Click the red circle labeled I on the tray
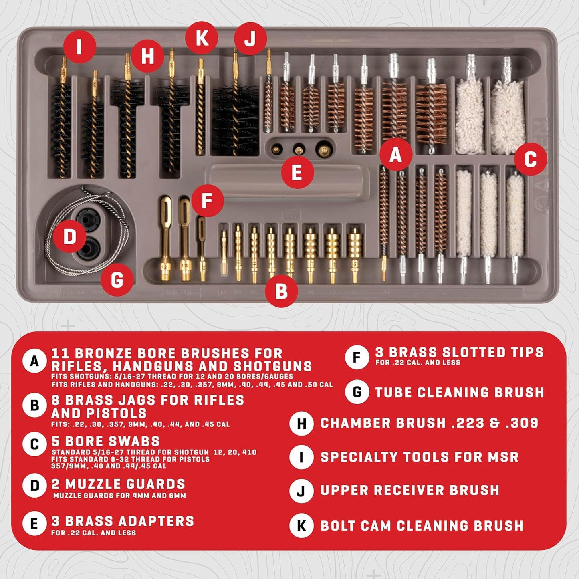pyautogui.click(x=79, y=46)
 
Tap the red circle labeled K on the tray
pyautogui.click(x=202, y=38)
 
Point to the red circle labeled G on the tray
pyautogui.click(x=117, y=280)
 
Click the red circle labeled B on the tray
pyautogui.click(x=281, y=291)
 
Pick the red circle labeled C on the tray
pyautogui.click(x=530, y=159)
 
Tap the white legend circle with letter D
pyautogui.click(x=35, y=486)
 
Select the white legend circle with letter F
pyautogui.click(x=357, y=357)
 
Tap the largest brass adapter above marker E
pyautogui.click(x=323, y=150)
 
